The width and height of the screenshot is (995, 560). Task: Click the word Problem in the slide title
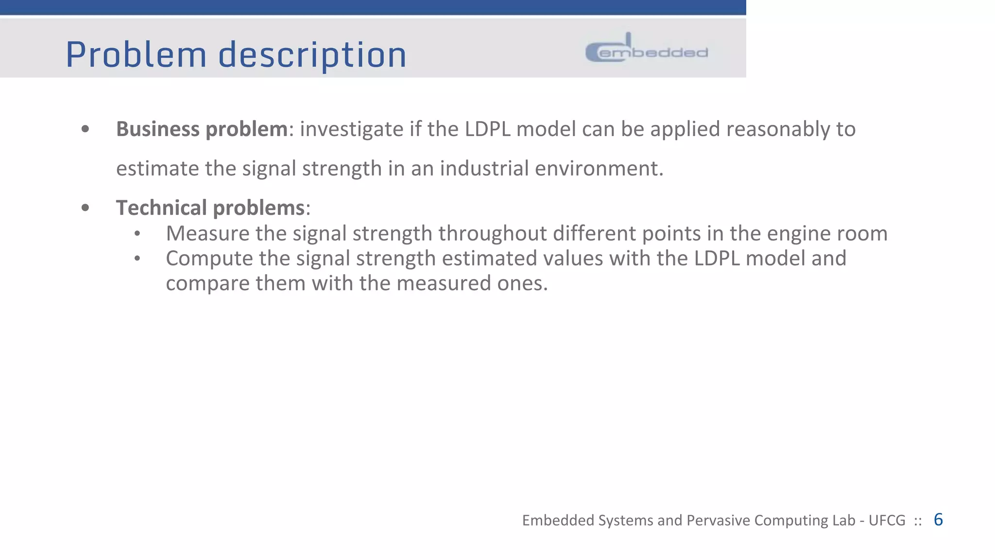pyautogui.click(x=136, y=54)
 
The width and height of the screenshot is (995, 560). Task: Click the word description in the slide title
pyautogui.click(x=312, y=55)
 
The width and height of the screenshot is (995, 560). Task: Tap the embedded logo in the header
pyautogui.click(x=647, y=49)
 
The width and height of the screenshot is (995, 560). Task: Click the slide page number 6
pyautogui.click(x=938, y=520)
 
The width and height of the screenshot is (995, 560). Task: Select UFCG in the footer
pyautogui.click(x=887, y=521)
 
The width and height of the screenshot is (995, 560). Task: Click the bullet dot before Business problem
pyautogui.click(x=86, y=129)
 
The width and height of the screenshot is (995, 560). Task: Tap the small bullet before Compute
pyautogui.click(x=137, y=259)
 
